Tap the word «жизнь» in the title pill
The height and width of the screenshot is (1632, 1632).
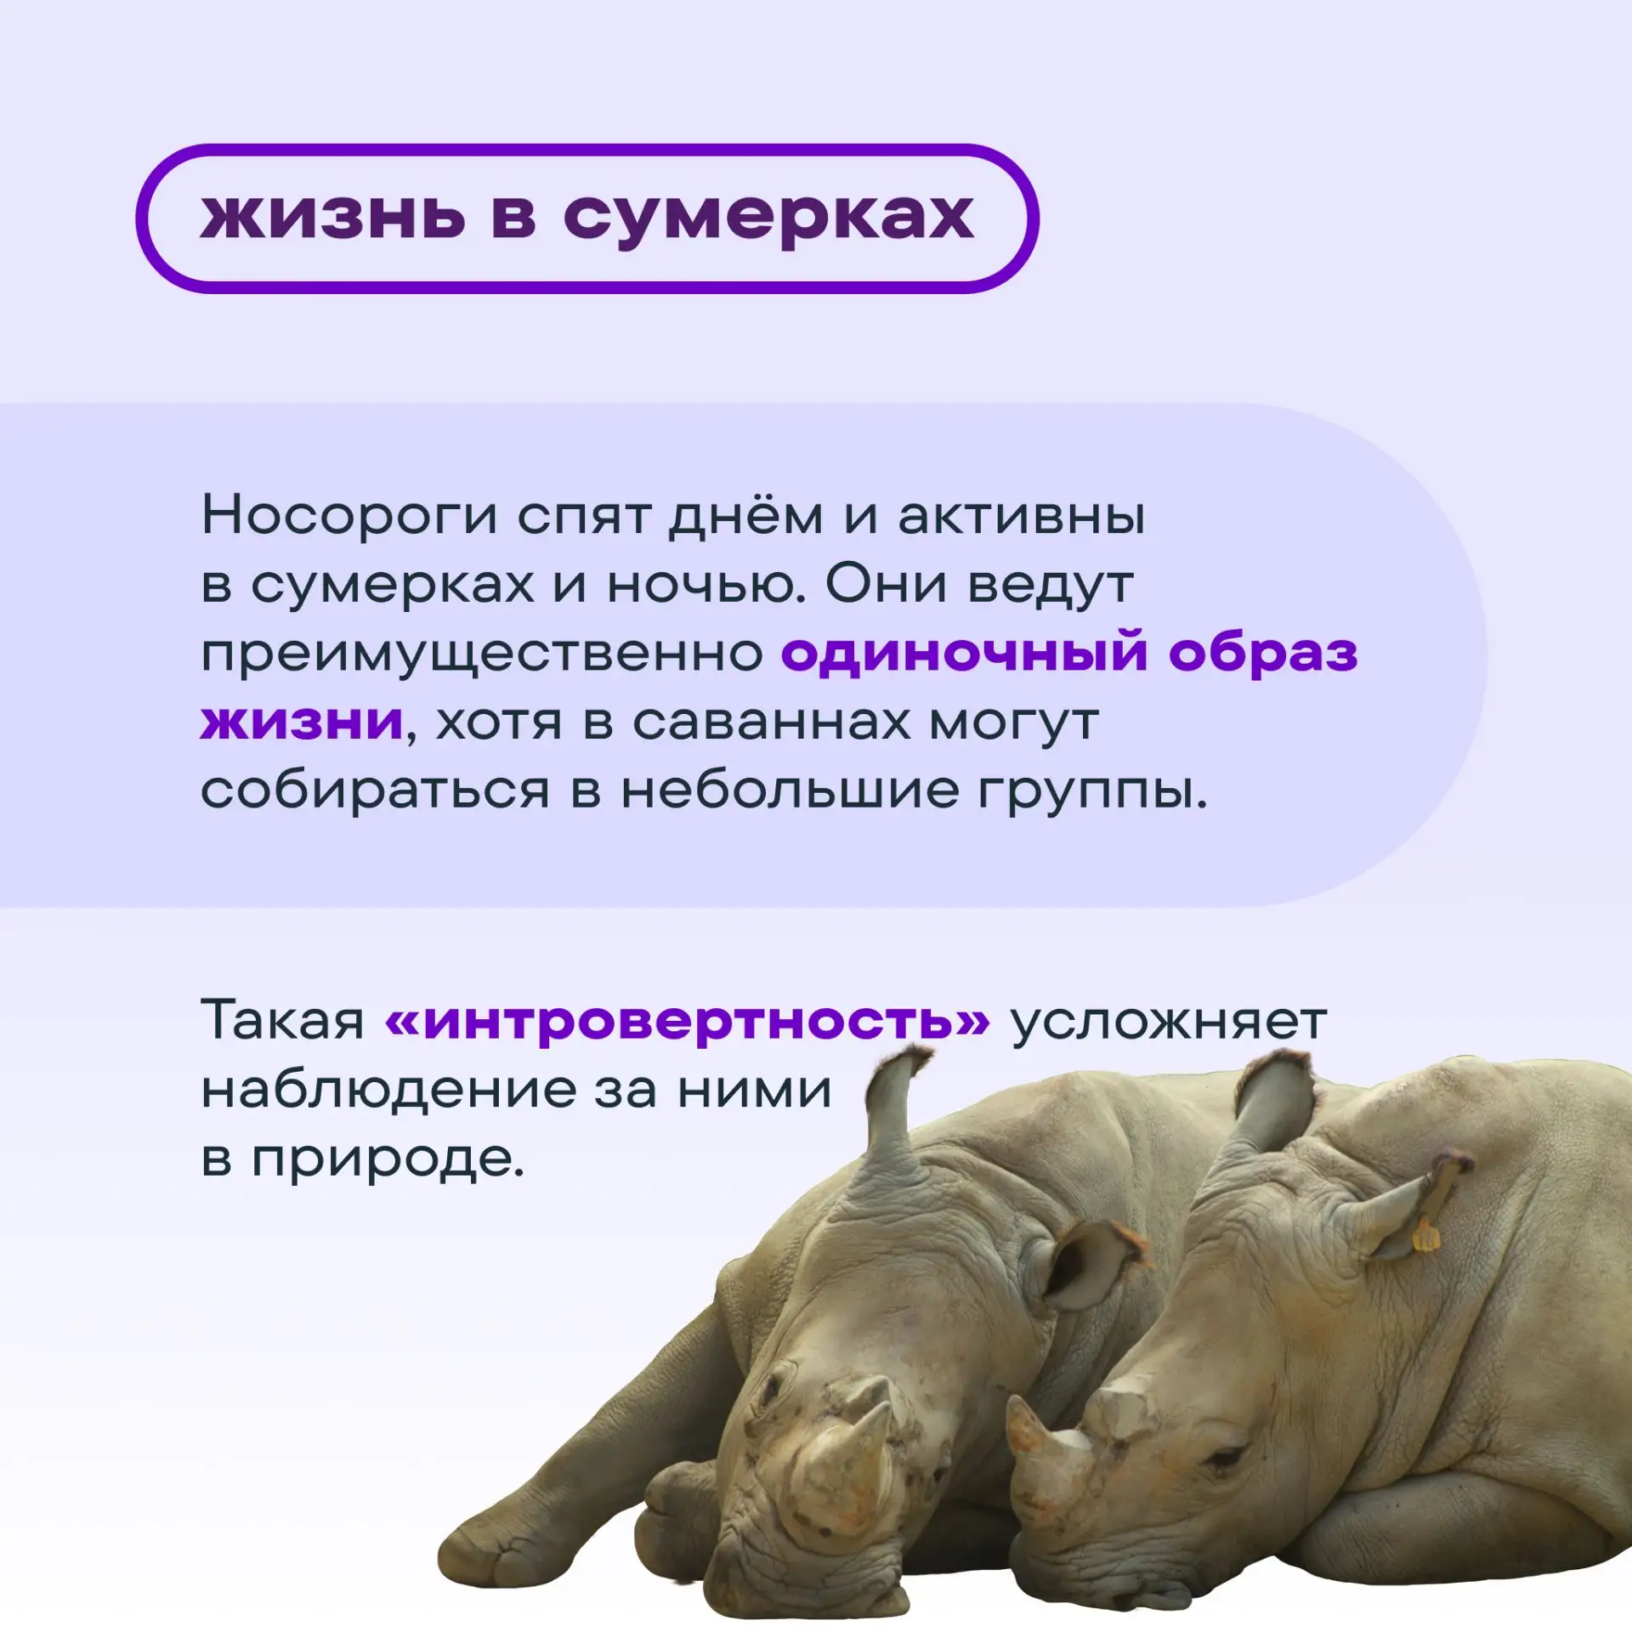333,216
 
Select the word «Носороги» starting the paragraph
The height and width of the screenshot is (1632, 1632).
349,516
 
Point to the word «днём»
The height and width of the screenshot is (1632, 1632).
745,516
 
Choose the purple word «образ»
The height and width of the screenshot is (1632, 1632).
1263,654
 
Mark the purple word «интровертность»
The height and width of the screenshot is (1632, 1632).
688,1021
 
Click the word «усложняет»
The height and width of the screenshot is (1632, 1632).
1169,1022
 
